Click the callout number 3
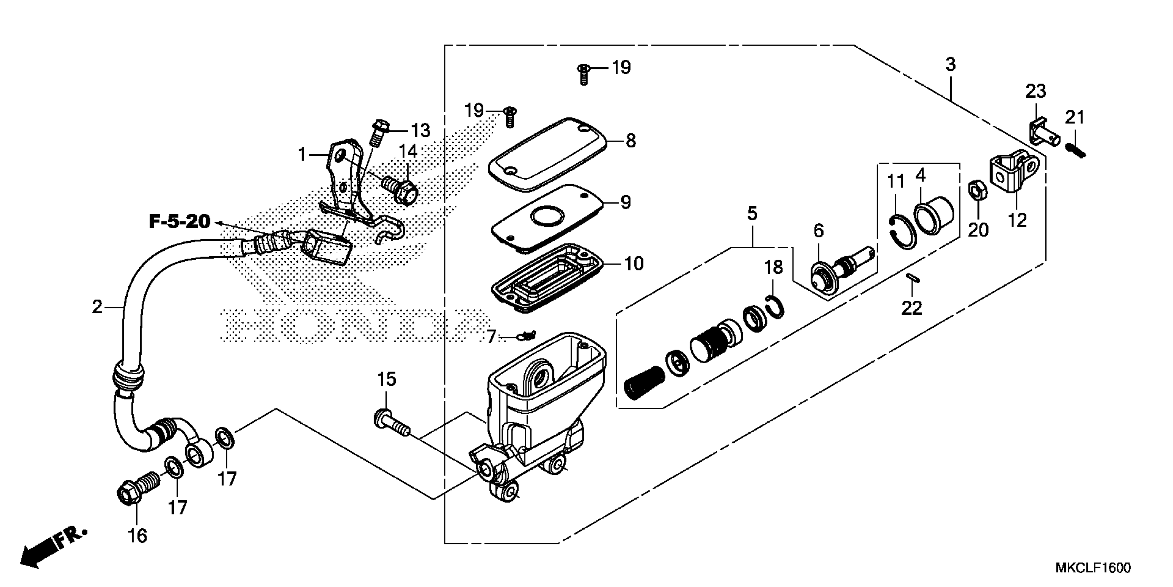(950, 65)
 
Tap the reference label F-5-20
(179, 222)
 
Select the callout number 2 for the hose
(97, 307)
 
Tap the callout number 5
(752, 213)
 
